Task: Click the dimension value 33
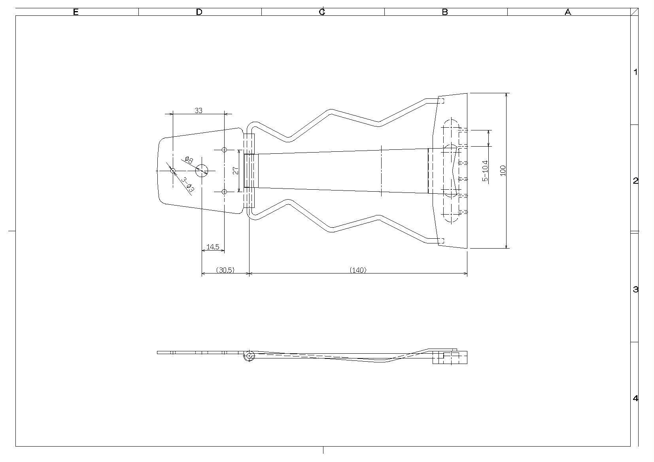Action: [x=198, y=111]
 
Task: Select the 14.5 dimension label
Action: [x=213, y=247]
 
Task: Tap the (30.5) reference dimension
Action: [x=225, y=270]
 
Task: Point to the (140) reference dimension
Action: [x=358, y=270]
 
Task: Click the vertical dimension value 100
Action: [x=503, y=170]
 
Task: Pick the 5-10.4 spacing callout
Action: [x=485, y=171]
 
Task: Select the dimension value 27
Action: [x=236, y=170]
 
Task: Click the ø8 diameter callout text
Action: [x=189, y=160]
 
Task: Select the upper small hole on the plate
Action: [x=224, y=150]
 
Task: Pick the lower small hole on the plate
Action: [x=224, y=192]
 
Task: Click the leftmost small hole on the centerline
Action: [x=173, y=171]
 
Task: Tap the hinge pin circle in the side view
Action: [x=249, y=356]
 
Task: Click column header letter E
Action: [x=76, y=12]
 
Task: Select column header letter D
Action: [x=199, y=12]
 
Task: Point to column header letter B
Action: [x=445, y=12]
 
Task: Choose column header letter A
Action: [x=568, y=12]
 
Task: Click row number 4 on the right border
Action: [x=635, y=398]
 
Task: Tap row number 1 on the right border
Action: [x=635, y=72]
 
